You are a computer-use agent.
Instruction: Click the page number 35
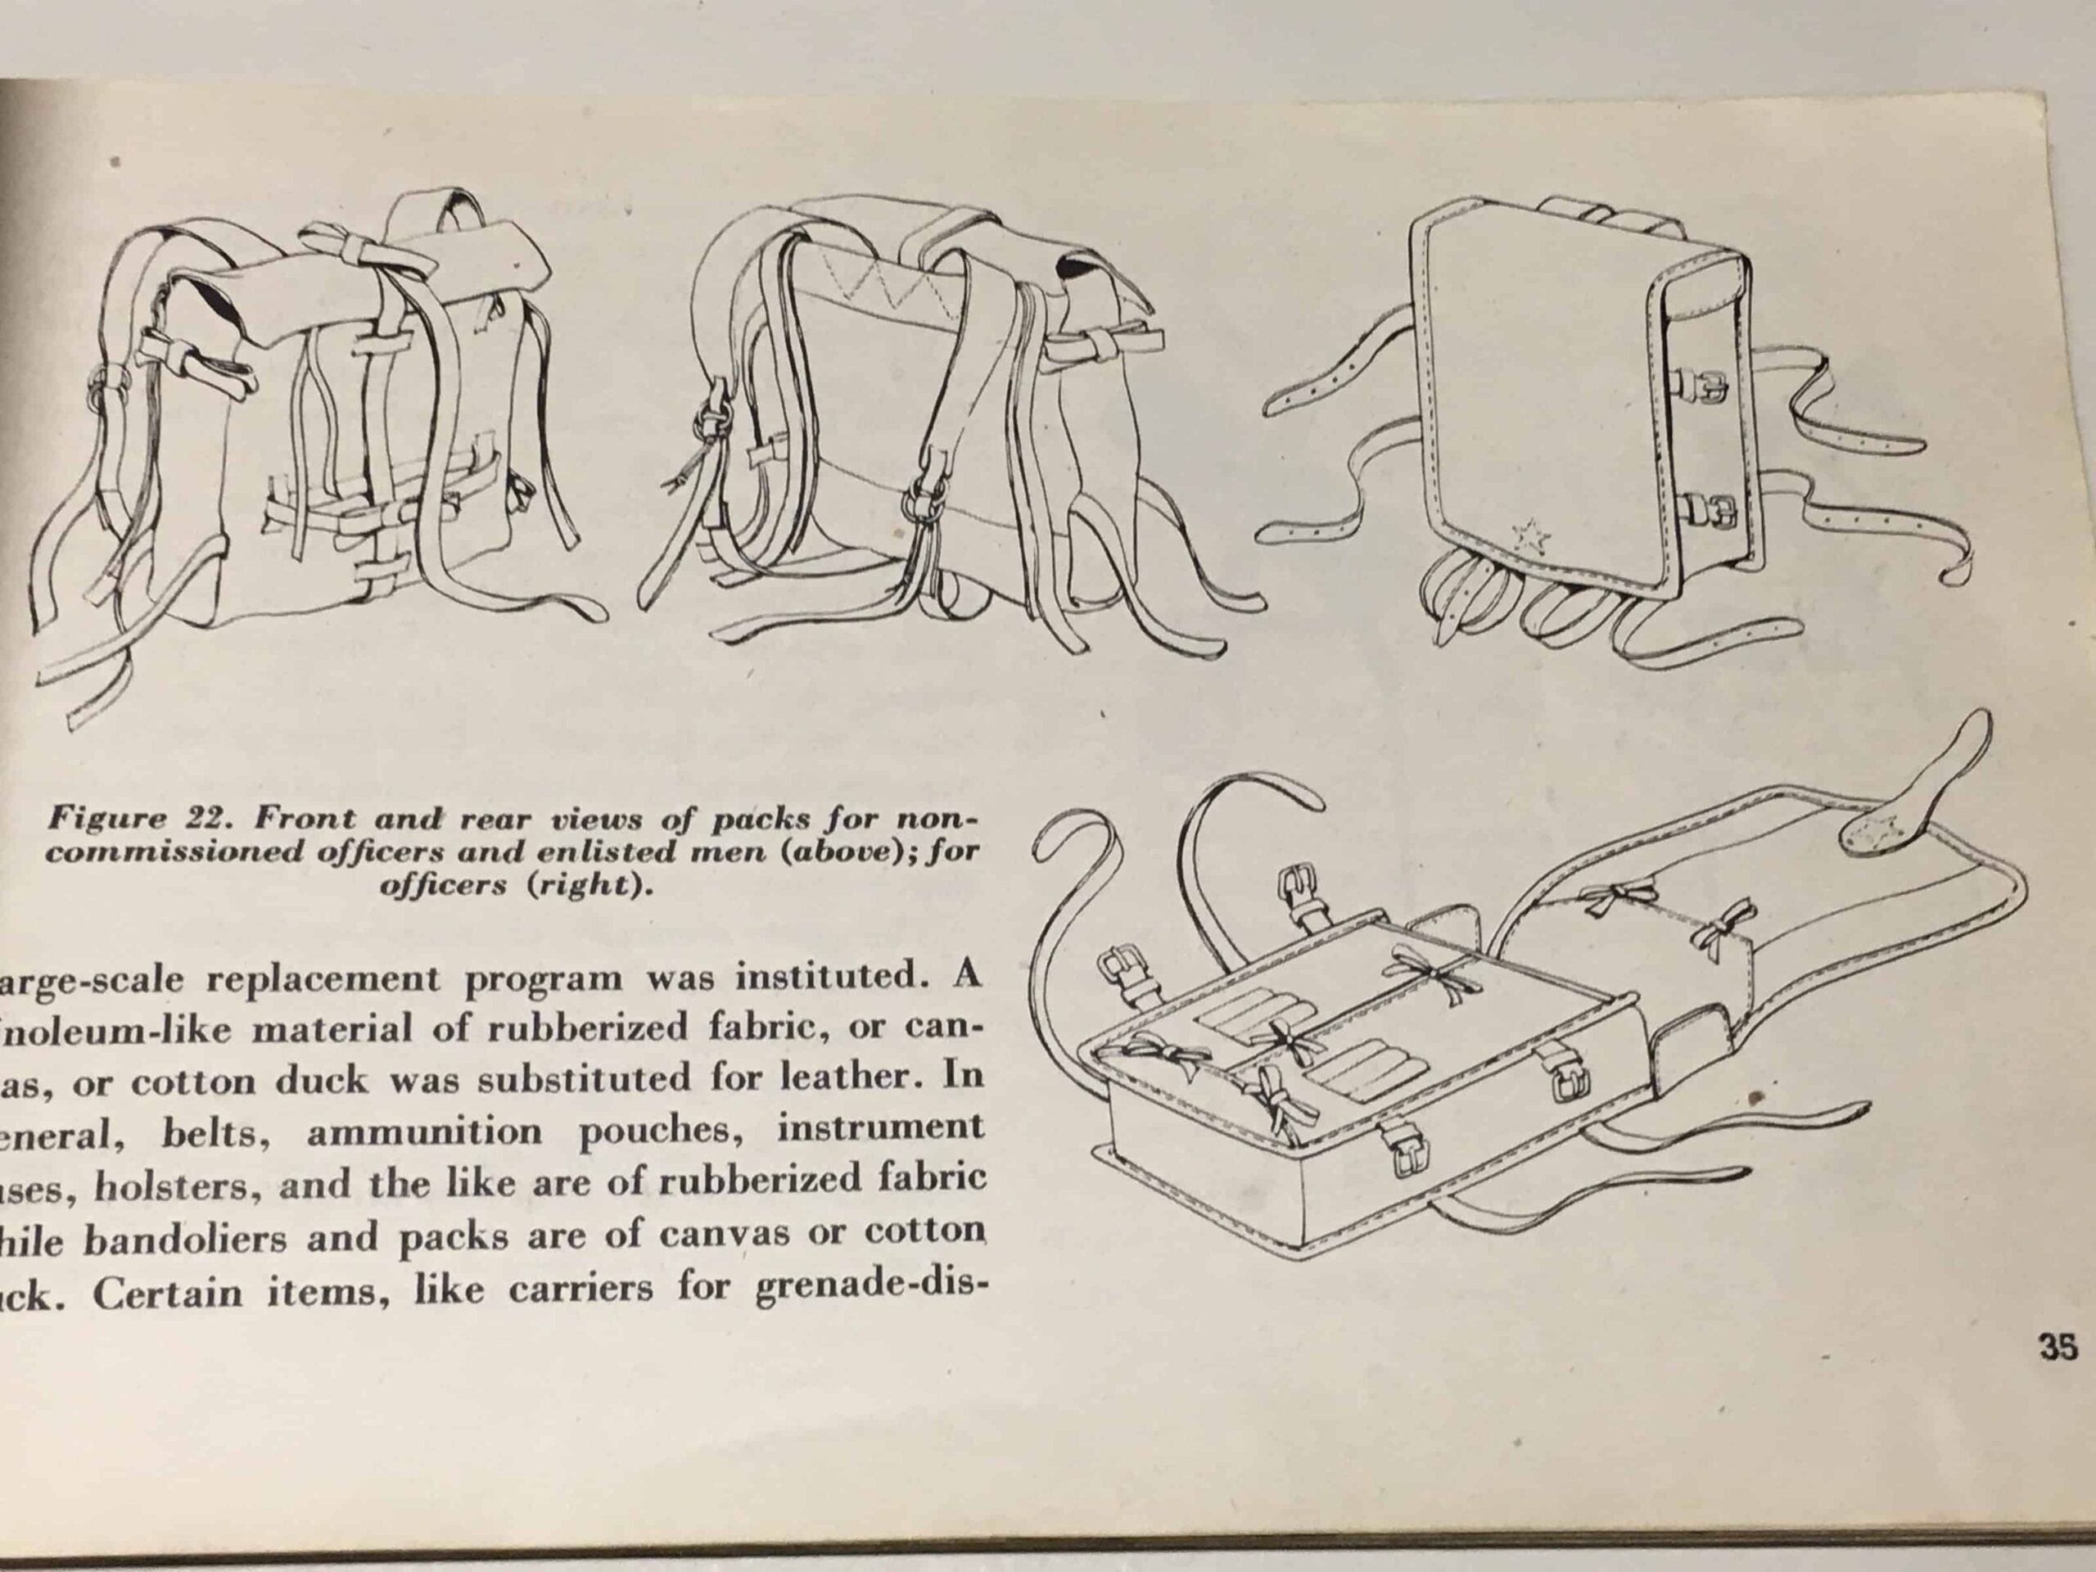[2058, 1347]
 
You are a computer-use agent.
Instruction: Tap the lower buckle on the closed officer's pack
[1709, 512]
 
